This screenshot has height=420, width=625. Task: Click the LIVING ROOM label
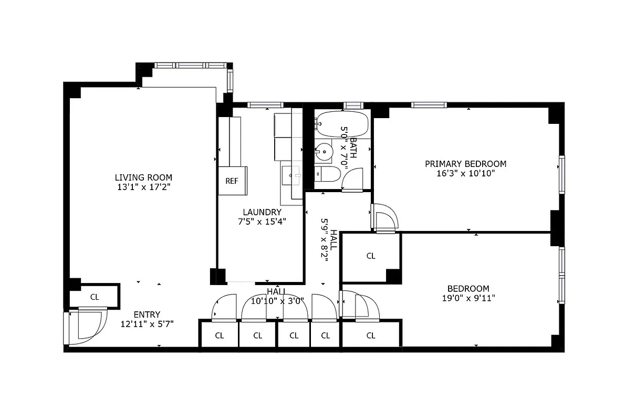coord(143,177)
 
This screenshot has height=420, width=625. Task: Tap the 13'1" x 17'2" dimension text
coord(143,187)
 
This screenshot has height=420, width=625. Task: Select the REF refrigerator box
coord(232,181)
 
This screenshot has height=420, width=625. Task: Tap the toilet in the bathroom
coord(326,174)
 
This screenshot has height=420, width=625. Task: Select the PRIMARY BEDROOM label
coord(465,164)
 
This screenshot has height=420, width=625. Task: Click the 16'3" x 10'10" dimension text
coord(465,173)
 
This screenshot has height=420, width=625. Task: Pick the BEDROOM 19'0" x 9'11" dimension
coord(468,298)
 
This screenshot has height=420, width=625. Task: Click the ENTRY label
coord(147,315)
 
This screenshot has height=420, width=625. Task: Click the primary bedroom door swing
coord(385,217)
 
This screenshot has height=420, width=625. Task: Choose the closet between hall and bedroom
coord(371,256)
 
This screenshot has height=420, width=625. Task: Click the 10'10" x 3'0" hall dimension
coord(277,301)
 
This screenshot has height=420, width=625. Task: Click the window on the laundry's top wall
coord(265,105)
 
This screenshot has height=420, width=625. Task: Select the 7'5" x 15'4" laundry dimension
coord(262,221)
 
